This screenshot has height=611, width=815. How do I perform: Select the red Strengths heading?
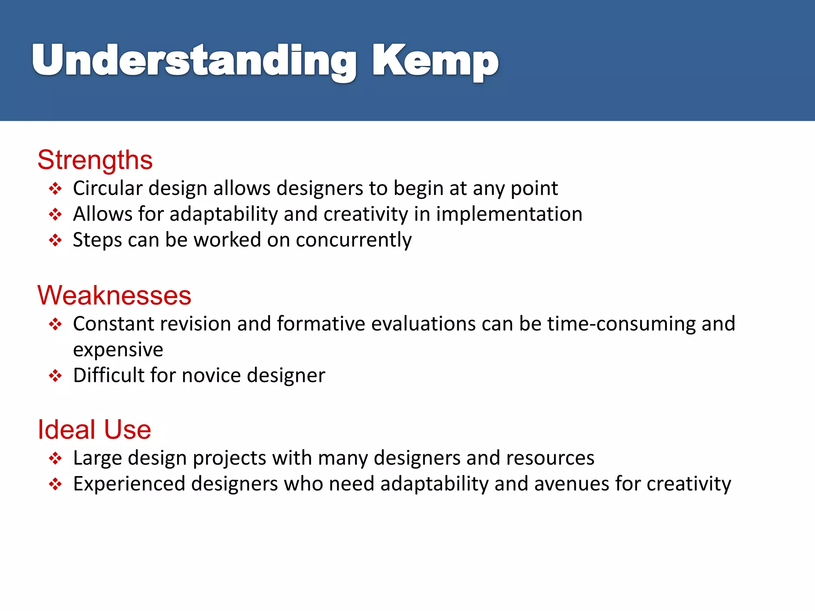[x=95, y=160]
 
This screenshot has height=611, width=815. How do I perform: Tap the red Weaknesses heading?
[x=115, y=296]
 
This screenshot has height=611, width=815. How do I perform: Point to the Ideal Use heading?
[x=94, y=430]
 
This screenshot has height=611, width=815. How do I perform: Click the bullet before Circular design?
[x=55, y=189]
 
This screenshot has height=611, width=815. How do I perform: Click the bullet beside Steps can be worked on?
[x=55, y=240]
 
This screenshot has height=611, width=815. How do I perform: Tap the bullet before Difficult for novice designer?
[x=55, y=376]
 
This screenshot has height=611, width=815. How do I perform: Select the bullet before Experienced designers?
[x=55, y=484]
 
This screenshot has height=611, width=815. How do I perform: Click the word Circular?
[x=107, y=188]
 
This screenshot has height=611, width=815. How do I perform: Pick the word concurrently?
[x=353, y=240]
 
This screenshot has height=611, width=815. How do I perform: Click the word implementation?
[x=509, y=214]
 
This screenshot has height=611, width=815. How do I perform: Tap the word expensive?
[x=118, y=350]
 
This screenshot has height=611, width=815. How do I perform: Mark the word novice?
[x=211, y=376]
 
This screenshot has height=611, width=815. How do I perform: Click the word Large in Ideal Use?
[x=97, y=458]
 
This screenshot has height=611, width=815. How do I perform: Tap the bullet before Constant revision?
[x=55, y=324]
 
